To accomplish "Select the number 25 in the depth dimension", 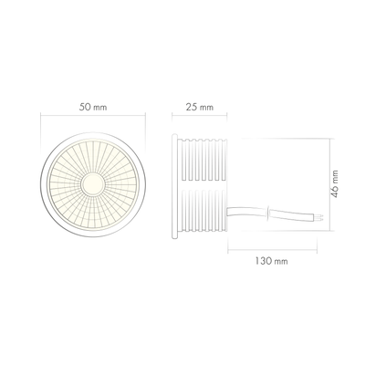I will pyautogui.click(x=193, y=108).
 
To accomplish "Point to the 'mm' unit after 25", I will pyautogui.click(x=207, y=108).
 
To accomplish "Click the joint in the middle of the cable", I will pyautogui.click(x=270, y=214).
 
